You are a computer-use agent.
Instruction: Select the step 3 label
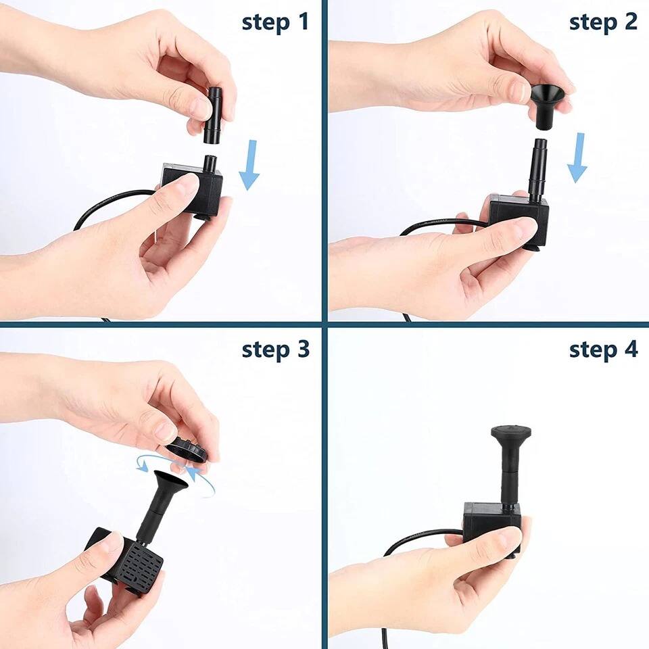tap(275, 350)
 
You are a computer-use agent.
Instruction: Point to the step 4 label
tap(603, 350)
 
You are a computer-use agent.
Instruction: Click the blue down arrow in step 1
tap(249, 165)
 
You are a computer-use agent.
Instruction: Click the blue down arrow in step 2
tap(577, 158)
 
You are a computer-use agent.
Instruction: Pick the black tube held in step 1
tap(213, 115)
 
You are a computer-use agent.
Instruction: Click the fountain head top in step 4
tap(510, 432)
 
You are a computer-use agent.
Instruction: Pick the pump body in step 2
tap(517, 216)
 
